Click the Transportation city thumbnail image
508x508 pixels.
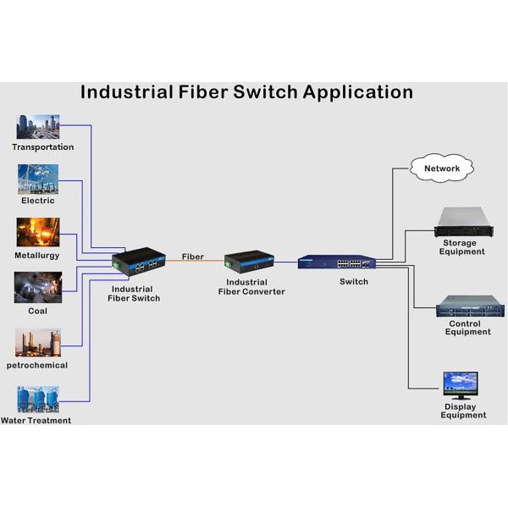coord(38,127)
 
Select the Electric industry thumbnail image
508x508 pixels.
coord(38,179)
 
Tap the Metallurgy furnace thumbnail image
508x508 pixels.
coord(38,233)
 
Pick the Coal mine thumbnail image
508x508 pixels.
coord(38,288)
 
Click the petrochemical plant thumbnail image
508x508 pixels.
coord(38,342)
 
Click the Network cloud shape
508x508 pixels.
coord(441,168)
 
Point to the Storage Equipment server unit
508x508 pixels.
coord(463,222)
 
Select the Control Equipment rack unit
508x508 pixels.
coord(469,305)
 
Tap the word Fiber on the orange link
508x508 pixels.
coord(192,256)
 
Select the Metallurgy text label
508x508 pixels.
coord(36,255)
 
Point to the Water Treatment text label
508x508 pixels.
coord(36,420)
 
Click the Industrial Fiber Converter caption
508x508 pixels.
coord(251,287)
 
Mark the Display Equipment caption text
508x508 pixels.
coord(463,411)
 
